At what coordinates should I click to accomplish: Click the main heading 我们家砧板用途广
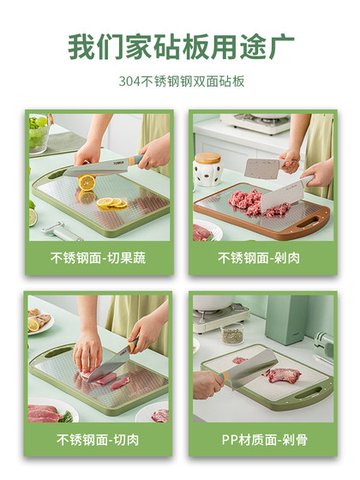coord(180,45)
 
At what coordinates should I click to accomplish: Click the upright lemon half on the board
coord(87,182)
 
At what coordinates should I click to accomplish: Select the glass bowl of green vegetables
coord(38,135)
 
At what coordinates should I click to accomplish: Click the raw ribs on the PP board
coord(284,375)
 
